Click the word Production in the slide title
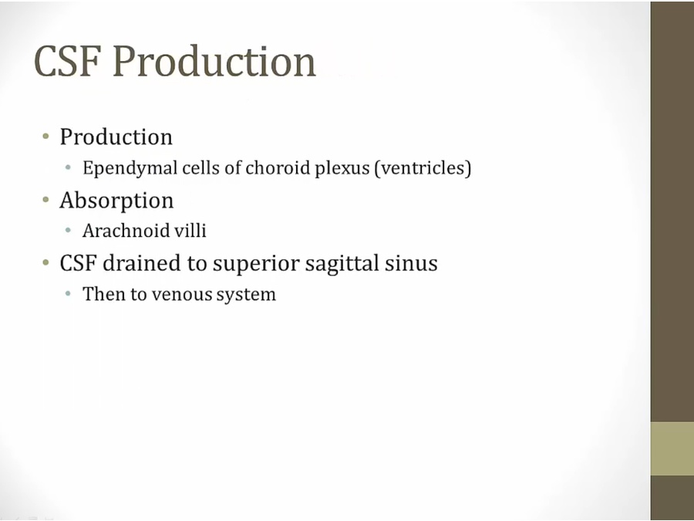pos(214,61)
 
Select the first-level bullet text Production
pos(116,137)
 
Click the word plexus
pos(342,169)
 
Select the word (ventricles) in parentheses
pos(423,168)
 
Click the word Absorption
pos(116,200)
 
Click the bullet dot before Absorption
pos(46,200)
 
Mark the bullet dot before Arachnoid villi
pos(68,230)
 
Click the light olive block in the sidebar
pos(672,448)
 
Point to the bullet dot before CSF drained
pos(46,262)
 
